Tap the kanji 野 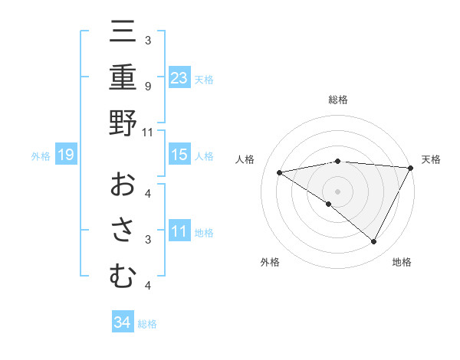click(x=123, y=123)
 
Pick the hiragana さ click(x=123, y=231)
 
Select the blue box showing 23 click(x=179, y=78)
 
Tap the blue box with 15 click(x=179, y=155)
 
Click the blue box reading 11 click(x=179, y=231)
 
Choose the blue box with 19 click(x=66, y=155)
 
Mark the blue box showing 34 click(x=122, y=322)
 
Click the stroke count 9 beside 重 click(x=147, y=86)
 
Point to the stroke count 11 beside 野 click(x=148, y=132)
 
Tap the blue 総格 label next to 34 click(x=147, y=323)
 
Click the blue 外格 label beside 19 click(x=41, y=156)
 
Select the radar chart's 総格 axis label click(x=337, y=100)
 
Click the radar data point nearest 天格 click(x=411, y=168)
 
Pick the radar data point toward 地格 click(x=374, y=242)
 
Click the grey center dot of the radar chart click(x=337, y=191)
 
